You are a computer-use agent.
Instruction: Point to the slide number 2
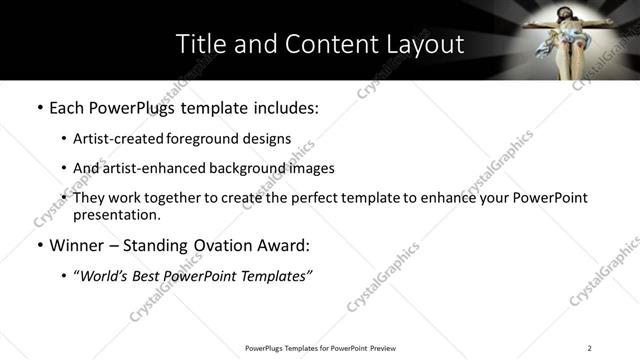[590, 348]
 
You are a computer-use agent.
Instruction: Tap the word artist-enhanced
[154, 168]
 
